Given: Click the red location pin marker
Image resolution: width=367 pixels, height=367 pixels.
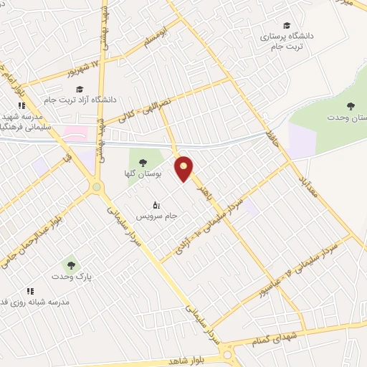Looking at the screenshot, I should (x=184, y=168).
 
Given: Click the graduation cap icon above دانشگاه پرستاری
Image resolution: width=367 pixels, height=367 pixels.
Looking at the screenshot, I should (x=287, y=24).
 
